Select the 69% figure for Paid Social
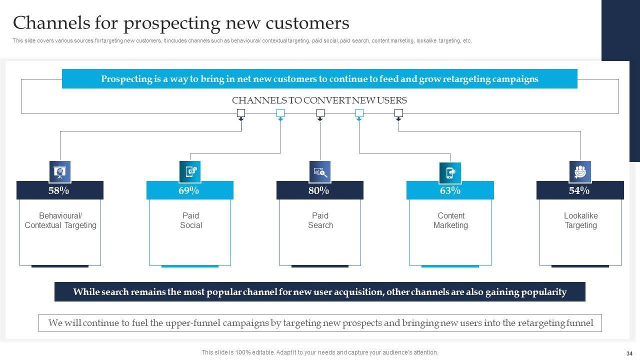(x=189, y=190)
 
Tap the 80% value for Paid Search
(x=319, y=190)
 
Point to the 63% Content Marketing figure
(x=450, y=190)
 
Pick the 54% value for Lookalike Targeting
(x=579, y=190)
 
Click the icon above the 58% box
(x=60, y=171)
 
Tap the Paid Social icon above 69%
(x=190, y=171)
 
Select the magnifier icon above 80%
(x=320, y=172)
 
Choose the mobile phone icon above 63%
(x=450, y=172)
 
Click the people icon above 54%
(x=580, y=171)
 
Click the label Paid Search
(x=320, y=220)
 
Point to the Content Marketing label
(x=450, y=220)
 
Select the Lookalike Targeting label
(x=580, y=220)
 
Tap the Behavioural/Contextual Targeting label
(x=60, y=220)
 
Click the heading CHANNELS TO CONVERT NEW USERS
(x=319, y=100)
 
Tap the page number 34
(x=629, y=352)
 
